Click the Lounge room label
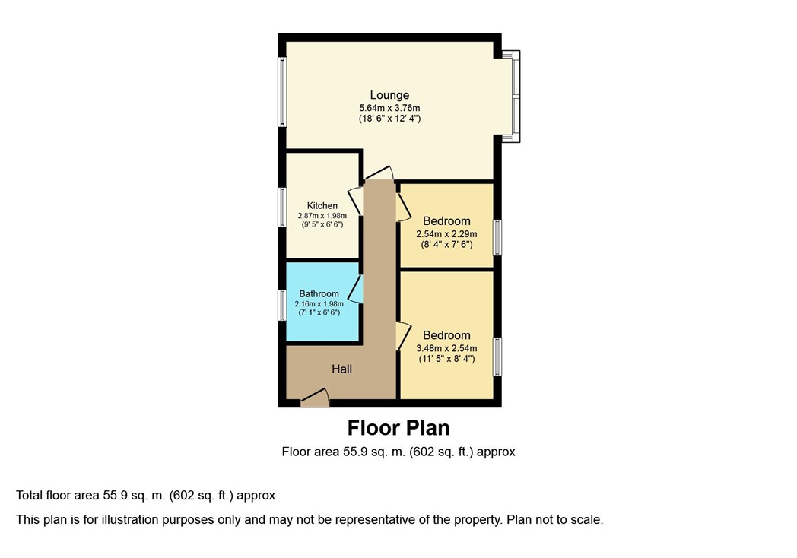click(x=389, y=95)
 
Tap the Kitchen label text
click(x=322, y=206)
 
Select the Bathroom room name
click(x=319, y=293)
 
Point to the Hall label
click(x=341, y=369)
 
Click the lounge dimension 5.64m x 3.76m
click(x=389, y=108)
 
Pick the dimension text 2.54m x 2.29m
click(x=446, y=234)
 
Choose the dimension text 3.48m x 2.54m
click(x=446, y=349)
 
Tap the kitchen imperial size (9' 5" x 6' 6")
click(x=322, y=224)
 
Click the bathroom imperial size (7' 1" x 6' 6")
click(x=319, y=312)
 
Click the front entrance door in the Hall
click(x=315, y=397)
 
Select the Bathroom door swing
click(x=357, y=289)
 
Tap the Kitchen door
click(x=355, y=201)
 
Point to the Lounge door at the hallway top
click(x=379, y=173)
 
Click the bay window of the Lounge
click(x=514, y=96)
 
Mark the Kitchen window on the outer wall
click(x=281, y=207)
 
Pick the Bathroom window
click(x=281, y=305)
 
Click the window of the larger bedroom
click(x=497, y=357)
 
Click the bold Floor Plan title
click(x=398, y=428)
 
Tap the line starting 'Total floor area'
click(x=145, y=496)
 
